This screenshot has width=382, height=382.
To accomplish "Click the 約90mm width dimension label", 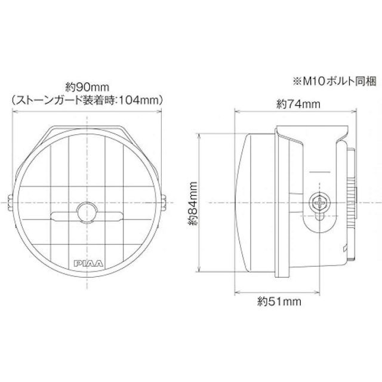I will tap(87, 85).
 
